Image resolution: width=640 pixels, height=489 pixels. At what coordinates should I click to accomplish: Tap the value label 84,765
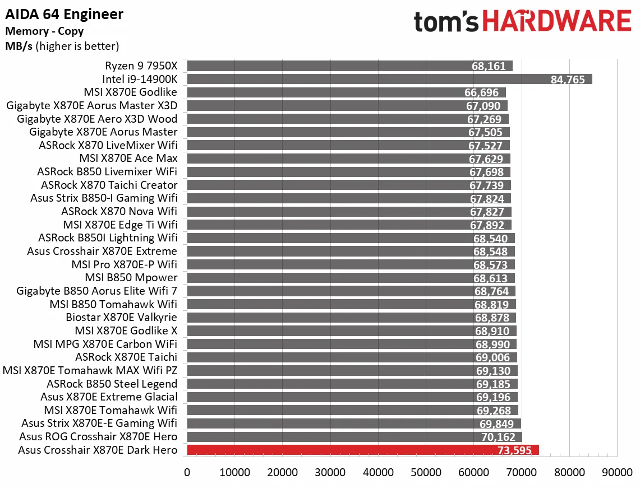(x=568, y=80)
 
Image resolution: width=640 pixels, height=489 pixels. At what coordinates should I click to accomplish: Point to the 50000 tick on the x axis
(x=426, y=472)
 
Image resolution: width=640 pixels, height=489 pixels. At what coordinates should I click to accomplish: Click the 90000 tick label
(x=617, y=472)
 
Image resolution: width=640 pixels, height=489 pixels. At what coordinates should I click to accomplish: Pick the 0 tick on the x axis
(x=187, y=472)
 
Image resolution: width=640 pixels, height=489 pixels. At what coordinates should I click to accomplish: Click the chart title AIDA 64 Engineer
(x=65, y=14)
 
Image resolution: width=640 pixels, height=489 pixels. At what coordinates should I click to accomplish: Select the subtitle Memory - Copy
(x=44, y=31)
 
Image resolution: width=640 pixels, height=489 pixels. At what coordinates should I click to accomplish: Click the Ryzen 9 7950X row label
(x=141, y=66)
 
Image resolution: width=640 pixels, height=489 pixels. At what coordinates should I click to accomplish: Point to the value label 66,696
(x=484, y=92)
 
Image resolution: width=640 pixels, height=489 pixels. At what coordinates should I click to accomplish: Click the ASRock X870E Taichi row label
(x=126, y=357)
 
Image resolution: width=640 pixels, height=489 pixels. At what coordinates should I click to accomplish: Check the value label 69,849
(x=499, y=423)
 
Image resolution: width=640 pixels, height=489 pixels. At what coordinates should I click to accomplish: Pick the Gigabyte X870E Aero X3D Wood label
(x=97, y=119)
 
